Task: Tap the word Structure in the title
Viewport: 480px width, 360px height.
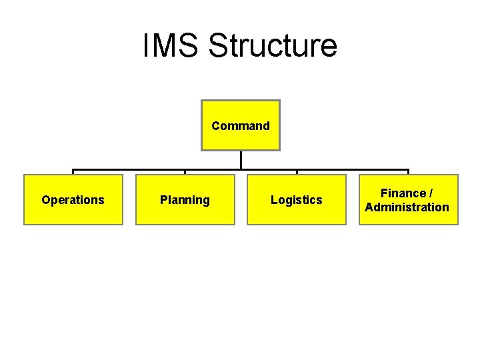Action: click(273, 46)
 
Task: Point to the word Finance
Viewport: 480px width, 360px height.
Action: click(403, 193)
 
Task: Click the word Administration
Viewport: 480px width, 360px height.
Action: click(407, 207)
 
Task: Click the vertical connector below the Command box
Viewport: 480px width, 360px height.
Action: click(241, 160)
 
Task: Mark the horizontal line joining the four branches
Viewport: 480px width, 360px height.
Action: click(133, 170)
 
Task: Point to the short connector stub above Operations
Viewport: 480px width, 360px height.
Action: click(73, 173)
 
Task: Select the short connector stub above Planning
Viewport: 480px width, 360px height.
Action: click(185, 173)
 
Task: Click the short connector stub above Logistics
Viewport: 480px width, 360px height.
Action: click(297, 173)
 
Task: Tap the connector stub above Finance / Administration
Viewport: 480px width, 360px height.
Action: click(408, 173)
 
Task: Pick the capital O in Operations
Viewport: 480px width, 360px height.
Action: click(45, 200)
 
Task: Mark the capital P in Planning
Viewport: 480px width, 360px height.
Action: click(163, 200)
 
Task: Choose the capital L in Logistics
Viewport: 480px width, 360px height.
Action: click(274, 200)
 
